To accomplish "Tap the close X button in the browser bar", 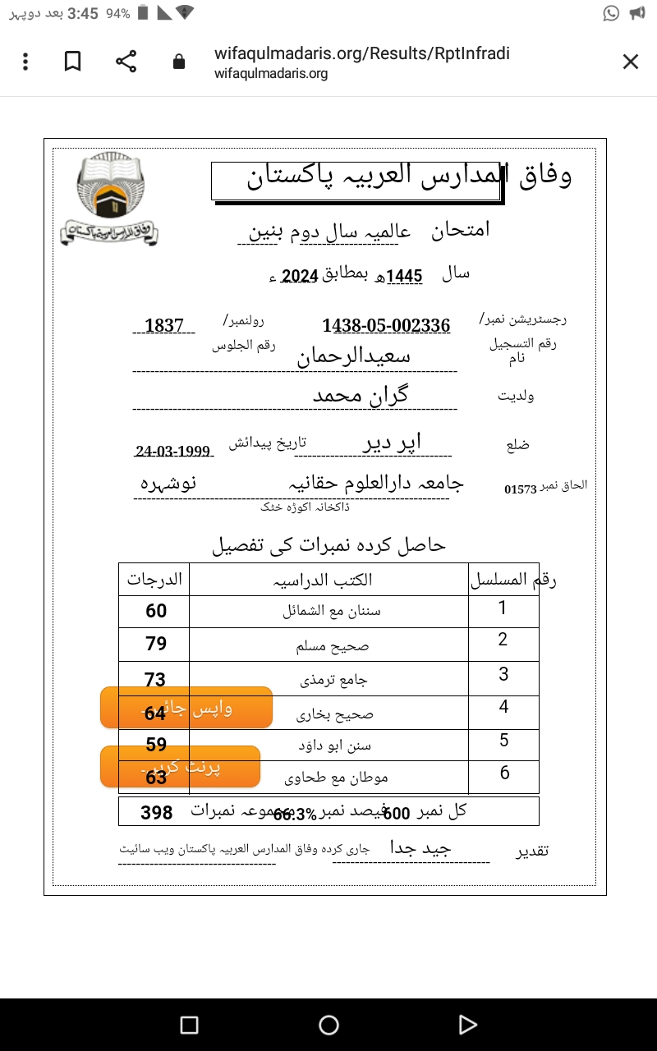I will click(630, 62).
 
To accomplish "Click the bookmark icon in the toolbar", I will click(73, 62).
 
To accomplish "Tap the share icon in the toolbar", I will click(126, 62).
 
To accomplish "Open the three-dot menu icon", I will click(26, 62).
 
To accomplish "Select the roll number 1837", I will click(164, 325).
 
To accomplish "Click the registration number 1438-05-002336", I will click(386, 325).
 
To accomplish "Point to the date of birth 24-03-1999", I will click(173, 452).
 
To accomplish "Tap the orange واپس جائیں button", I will click(186, 708).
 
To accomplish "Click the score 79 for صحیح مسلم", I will click(156, 644).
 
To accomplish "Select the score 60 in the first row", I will click(156, 611).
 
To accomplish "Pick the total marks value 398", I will click(157, 813).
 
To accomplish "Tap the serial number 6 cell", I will click(504, 773).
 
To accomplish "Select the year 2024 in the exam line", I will click(300, 276).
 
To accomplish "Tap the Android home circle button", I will click(328, 1025).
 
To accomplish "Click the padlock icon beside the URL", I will click(178, 62).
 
